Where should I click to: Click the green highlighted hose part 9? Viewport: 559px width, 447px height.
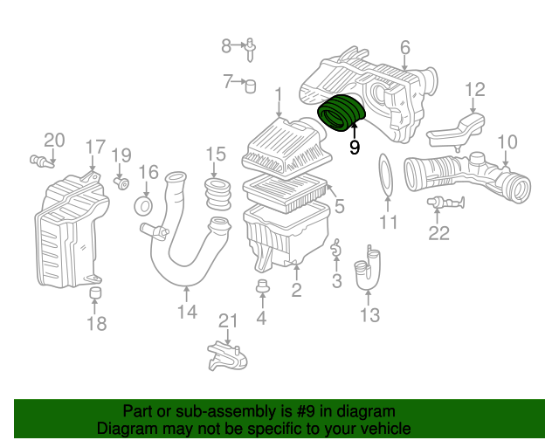coord(342,113)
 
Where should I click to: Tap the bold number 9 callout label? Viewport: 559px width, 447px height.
coord(355,147)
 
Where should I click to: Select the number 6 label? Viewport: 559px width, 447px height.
coord(405,47)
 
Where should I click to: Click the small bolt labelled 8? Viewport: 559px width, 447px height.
coord(251,49)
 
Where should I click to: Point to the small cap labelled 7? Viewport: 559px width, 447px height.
coord(251,86)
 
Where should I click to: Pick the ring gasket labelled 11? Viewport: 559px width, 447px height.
coord(386,175)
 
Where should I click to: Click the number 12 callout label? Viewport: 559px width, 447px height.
coord(475,90)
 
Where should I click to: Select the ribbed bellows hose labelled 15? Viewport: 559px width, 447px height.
coord(217,194)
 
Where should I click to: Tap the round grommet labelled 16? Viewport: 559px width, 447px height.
coord(143,206)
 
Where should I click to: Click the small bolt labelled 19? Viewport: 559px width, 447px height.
coord(122,183)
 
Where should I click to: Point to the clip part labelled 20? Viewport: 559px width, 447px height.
coord(42,162)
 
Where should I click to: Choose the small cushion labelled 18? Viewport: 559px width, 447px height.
coord(95,292)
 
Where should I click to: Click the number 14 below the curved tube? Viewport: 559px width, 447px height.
coord(187,312)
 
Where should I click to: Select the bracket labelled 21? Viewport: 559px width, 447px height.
coord(227,356)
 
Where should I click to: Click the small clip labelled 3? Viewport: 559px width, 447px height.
coord(335,248)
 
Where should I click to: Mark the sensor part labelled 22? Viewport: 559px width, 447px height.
coord(445,203)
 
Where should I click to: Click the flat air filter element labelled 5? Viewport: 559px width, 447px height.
coord(286,194)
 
